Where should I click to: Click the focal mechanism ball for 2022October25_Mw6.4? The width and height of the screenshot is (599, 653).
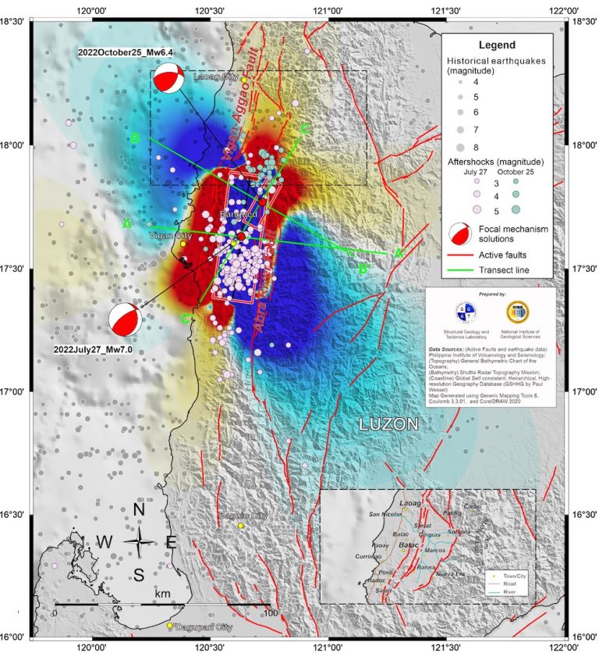[169, 80]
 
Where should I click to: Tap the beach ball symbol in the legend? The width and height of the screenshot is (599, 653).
[462, 233]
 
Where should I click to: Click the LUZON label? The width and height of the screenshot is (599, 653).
[388, 424]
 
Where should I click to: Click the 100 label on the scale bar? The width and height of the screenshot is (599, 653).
[271, 614]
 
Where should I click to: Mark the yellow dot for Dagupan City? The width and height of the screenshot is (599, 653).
[169, 625]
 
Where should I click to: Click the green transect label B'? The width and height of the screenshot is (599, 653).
[362, 269]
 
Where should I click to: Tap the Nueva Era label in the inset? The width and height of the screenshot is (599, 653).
[450, 574]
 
